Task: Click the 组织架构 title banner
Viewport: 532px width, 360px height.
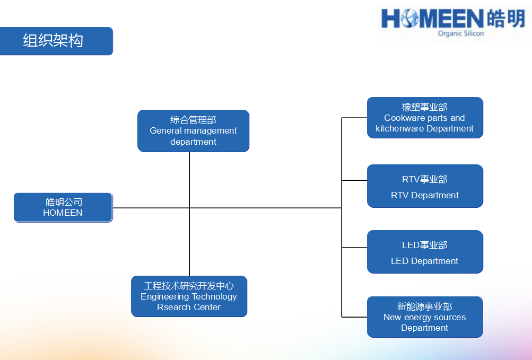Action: coord(56,41)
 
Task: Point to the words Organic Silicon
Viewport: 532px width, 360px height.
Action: coord(461,33)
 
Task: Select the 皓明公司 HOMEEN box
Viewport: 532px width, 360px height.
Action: coord(63,207)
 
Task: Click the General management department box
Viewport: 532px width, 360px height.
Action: coord(194,130)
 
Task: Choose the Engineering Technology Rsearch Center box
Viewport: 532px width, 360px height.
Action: coord(189,296)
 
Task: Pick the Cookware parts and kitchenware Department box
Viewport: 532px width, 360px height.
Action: coord(425,118)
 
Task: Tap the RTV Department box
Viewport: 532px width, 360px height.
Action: coord(425,186)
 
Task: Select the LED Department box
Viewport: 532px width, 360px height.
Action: coord(425,252)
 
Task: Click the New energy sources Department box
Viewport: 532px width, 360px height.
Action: coord(425,317)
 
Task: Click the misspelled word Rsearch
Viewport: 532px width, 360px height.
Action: coord(172,307)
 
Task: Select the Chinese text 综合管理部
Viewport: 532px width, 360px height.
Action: coord(193,120)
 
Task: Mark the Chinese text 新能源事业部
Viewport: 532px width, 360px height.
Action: coord(425,306)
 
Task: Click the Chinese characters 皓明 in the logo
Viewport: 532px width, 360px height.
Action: coord(506,19)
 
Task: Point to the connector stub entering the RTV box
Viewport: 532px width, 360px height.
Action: coord(354,180)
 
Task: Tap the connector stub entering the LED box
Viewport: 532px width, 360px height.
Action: coord(354,248)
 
